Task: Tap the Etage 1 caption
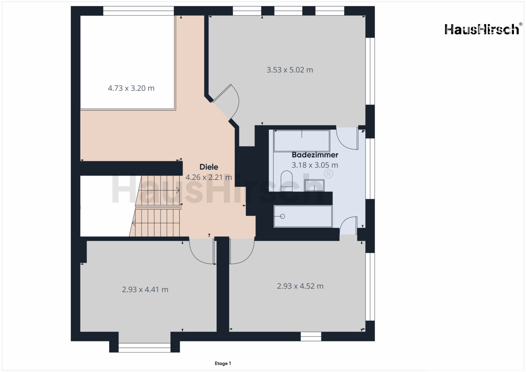tap(223, 363)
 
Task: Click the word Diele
tap(209, 167)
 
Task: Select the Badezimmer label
tap(315, 155)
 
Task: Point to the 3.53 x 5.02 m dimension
tap(290, 70)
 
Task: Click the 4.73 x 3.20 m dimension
tap(131, 88)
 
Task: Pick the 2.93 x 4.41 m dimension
tap(145, 290)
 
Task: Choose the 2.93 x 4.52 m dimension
tap(300, 286)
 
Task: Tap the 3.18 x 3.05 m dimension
tap(315, 165)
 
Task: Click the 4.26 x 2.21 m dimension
tap(209, 177)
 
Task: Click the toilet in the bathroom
tap(287, 181)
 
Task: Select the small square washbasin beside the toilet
tap(314, 185)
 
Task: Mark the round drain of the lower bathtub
tap(282, 216)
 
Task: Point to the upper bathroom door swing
tap(347, 138)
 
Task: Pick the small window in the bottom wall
tap(311, 337)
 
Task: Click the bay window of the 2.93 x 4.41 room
tap(144, 348)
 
